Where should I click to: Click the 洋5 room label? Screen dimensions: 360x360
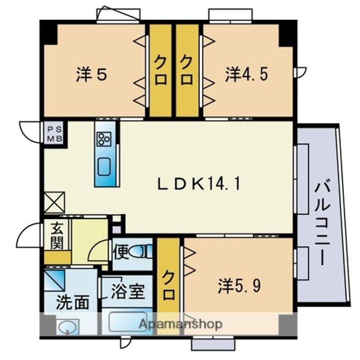tap(91, 74)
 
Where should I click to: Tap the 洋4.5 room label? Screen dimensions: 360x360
tap(246, 73)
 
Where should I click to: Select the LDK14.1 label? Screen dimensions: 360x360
tap(199, 184)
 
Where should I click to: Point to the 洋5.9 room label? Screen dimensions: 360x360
tap(239, 285)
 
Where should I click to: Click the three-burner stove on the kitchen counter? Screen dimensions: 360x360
tap(104, 139)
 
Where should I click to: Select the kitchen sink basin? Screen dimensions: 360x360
tap(104, 166)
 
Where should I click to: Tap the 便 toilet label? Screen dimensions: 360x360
tap(121, 251)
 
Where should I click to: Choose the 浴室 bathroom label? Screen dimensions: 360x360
tap(128, 291)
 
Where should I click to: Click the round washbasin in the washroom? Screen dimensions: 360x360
tap(67, 326)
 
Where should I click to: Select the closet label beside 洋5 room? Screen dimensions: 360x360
tap(160, 71)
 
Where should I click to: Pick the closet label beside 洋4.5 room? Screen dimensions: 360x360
tap(186, 71)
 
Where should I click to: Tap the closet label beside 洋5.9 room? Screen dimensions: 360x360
tap(168, 285)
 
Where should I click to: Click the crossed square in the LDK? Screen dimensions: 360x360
tap(54, 202)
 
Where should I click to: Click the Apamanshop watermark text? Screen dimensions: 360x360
tap(180, 324)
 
